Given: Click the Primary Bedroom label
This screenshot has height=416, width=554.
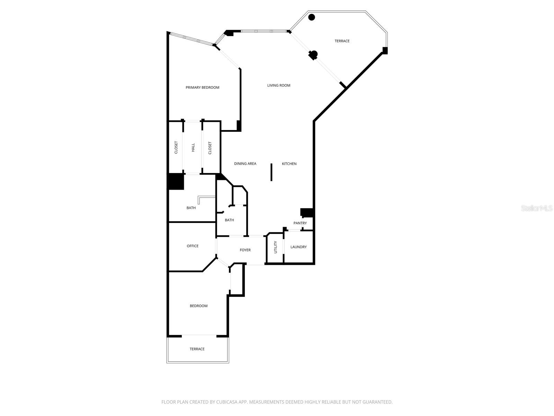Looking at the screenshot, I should (203, 87).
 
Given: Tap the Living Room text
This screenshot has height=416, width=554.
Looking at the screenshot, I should (279, 85).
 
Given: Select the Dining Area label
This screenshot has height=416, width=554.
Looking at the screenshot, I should (245, 164).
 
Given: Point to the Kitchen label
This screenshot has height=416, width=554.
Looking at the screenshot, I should (289, 164).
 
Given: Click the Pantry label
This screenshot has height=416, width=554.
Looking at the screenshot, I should (300, 223).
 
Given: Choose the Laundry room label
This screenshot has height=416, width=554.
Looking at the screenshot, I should (298, 247).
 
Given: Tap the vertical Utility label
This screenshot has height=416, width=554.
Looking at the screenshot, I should (276, 247).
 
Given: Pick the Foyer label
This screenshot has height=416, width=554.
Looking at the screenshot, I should (245, 250).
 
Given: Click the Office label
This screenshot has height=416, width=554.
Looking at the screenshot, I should (193, 246).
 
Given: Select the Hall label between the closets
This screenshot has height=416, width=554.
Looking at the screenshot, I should (193, 147).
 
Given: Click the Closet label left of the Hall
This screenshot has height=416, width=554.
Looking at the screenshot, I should (176, 147).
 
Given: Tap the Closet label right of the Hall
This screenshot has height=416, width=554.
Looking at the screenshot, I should (210, 148).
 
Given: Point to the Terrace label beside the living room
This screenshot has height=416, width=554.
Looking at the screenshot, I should (342, 41).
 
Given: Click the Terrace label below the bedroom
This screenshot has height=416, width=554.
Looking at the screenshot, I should (197, 349).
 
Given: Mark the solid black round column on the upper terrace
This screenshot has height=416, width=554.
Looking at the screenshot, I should (312, 17).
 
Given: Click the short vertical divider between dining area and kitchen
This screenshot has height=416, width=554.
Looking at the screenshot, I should (271, 172).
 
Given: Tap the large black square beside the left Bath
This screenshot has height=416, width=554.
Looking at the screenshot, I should (176, 181).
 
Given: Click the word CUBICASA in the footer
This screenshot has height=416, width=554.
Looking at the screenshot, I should (226, 402).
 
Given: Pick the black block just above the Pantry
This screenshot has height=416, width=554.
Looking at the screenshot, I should (307, 213).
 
